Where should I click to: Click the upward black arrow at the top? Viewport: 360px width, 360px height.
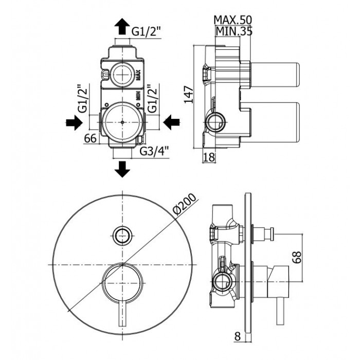click(122, 25)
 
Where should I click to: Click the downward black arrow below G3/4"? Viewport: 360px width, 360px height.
click(122, 168)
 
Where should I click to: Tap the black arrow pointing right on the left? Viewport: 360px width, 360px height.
click(73, 122)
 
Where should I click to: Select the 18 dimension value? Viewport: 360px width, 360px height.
click(208, 157)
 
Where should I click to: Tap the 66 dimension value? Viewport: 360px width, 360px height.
click(91, 138)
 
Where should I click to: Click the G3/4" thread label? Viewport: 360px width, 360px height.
click(155, 152)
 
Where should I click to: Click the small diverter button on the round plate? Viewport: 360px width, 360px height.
click(122, 236)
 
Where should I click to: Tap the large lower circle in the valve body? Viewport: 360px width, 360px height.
click(122, 123)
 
